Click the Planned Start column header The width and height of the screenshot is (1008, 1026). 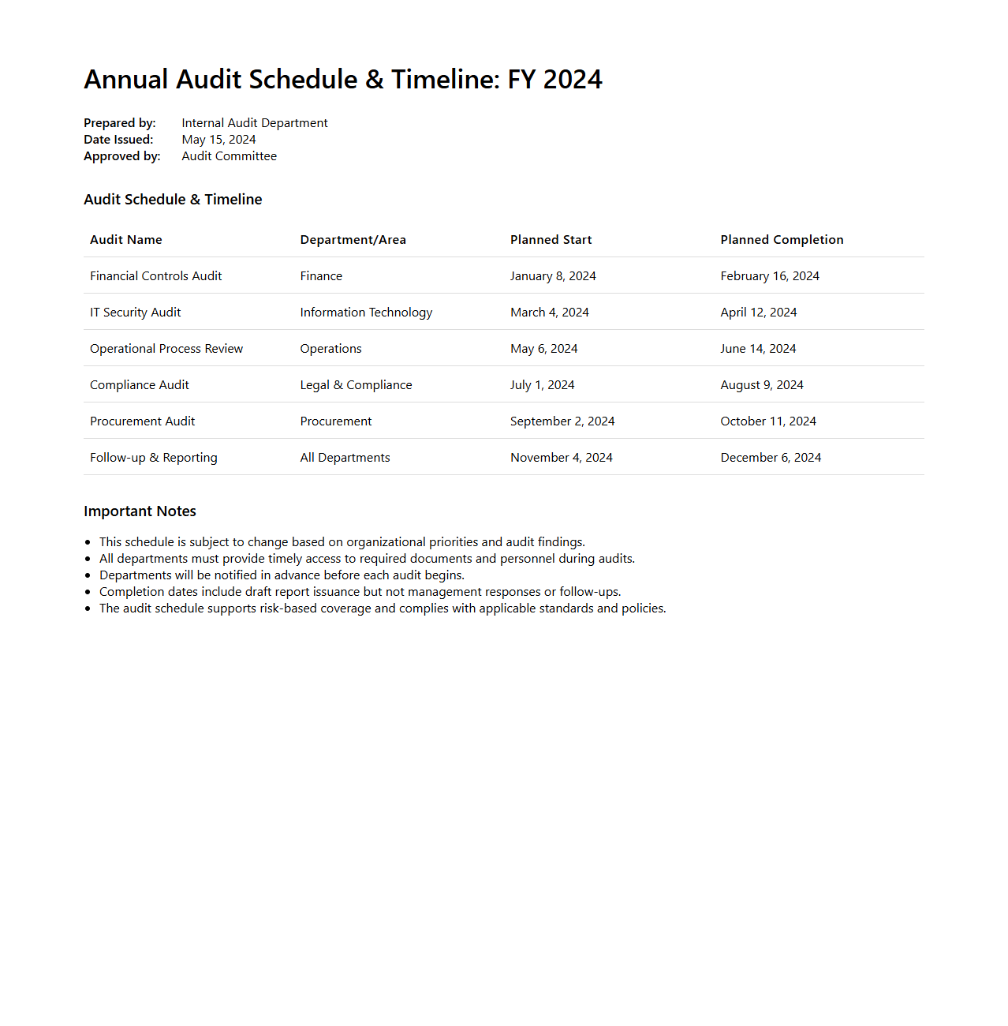click(x=551, y=240)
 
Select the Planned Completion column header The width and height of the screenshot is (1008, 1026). click(x=782, y=240)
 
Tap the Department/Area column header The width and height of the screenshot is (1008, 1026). click(x=353, y=240)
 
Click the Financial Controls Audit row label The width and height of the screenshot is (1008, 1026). click(x=155, y=276)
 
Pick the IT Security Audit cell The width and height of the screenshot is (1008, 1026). click(x=135, y=313)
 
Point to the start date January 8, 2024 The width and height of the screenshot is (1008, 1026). click(x=553, y=276)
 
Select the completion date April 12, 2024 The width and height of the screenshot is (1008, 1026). click(x=758, y=313)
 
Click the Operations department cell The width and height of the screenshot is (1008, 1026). click(x=330, y=349)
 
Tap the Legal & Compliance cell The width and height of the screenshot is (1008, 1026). click(x=356, y=385)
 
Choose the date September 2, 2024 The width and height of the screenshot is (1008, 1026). click(x=562, y=421)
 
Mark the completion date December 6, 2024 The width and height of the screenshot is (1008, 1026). click(x=771, y=458)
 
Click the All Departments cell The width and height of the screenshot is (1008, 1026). click(x=345, y=458)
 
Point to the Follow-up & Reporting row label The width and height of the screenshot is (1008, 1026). click(x=153, y=458)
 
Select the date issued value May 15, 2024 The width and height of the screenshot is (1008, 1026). click(x=218, y=140)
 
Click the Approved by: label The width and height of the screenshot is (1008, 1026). click(x=121, y=156)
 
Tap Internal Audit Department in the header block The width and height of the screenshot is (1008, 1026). click(x=254, y=123)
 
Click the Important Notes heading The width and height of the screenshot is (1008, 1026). click(x=140, y=511)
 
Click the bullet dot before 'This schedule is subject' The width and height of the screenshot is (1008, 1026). click(x=88, y=542)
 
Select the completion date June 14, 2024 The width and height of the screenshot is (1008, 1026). click(x=758, y=349)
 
